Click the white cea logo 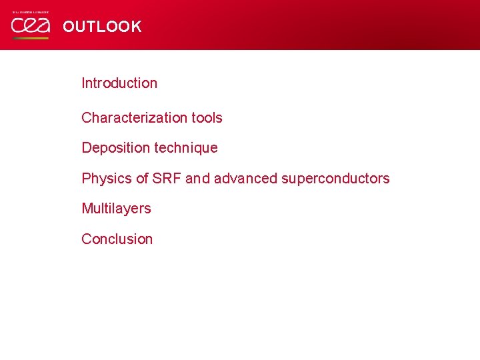pyautogui.click(x=30, y=26)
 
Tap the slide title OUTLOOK pyautogui.click(x=102, y=27)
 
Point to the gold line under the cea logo pyautogui.click(x=30, y=38)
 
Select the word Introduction pyautogui.click(x=119, y=83)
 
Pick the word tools pyautogui.click(x=207, y=118)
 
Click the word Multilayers pyautogui.click(x=116, y=209)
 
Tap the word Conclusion pyautogui.click(x=117, y=239)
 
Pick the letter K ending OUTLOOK pyautogui.click(x=135, y=27)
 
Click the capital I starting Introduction pyautogui.click(x=83, y=83)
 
